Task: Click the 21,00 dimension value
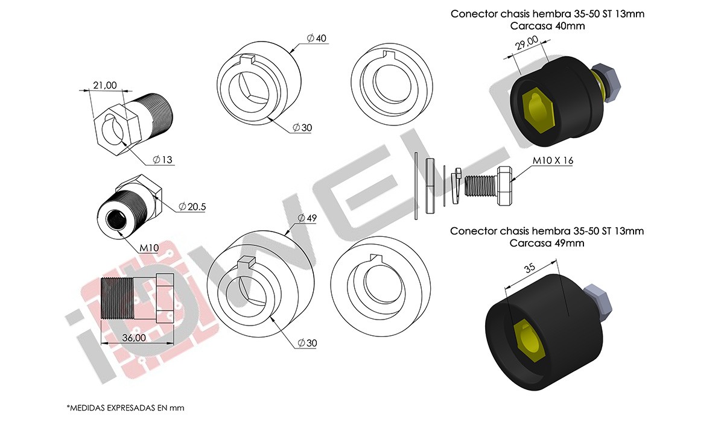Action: pyautogui.click(x=105, y=85)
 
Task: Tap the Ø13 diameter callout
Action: pyautogui.click(x=162, y=160)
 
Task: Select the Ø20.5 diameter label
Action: pyautogui.click(x=192, y=207)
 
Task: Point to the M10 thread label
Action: pyautogui.click(x=149, y=248)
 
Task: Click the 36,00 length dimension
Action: pyautogui.click(x=134, y=338)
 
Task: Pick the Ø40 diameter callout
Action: pyautogui.click(x=316, y=39)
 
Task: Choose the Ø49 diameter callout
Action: pyautogui.click(x=307, y=218)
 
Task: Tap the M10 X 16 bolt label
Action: pyautogui.click(x=553, y=160)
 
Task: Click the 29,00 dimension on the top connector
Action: pyautogui.click(x=527, y=43)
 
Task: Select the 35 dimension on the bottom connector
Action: pyautogui.click(x=530, y=268)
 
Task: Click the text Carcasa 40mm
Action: pyautogui.click(x=548, y=26)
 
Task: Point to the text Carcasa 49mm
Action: pyautogui.click(x=547, y=243)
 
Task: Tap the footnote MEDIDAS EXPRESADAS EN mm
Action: pyautogui.click(x=125, y=408)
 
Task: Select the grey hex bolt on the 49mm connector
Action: pyautogui.click(x=598, y=302)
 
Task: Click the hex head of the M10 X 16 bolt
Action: pyautogui.click(x=504, y=186)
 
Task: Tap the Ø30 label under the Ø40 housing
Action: pyautogui.click(x=302, y=128)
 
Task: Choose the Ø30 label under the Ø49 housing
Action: pyautogui.click(x=307, y=343)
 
